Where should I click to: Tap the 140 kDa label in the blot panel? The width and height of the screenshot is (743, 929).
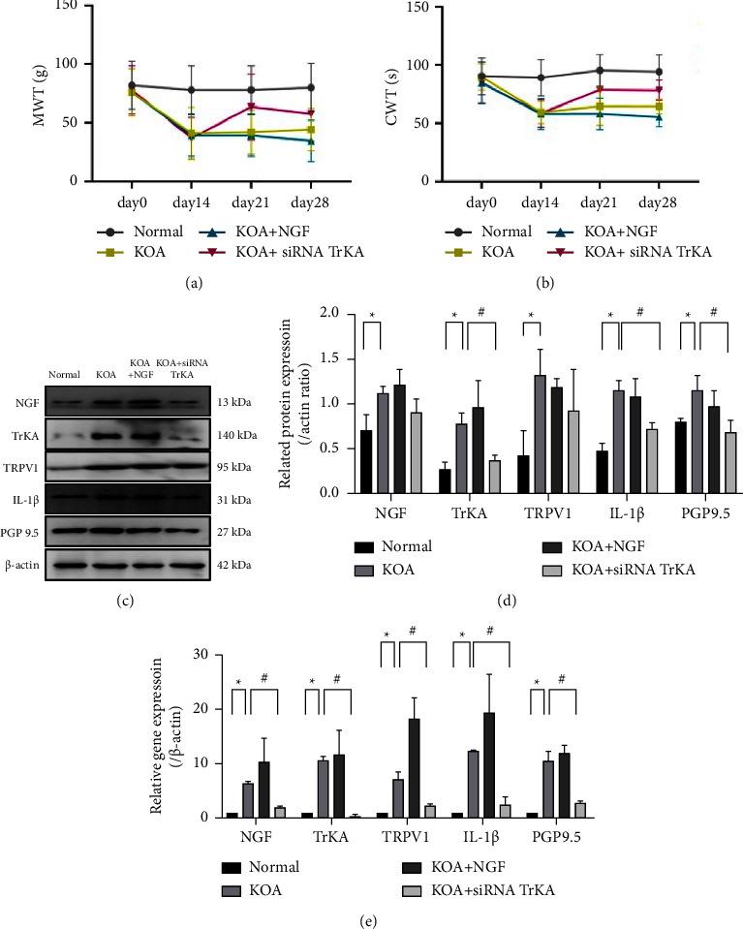(x=237, y=437)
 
